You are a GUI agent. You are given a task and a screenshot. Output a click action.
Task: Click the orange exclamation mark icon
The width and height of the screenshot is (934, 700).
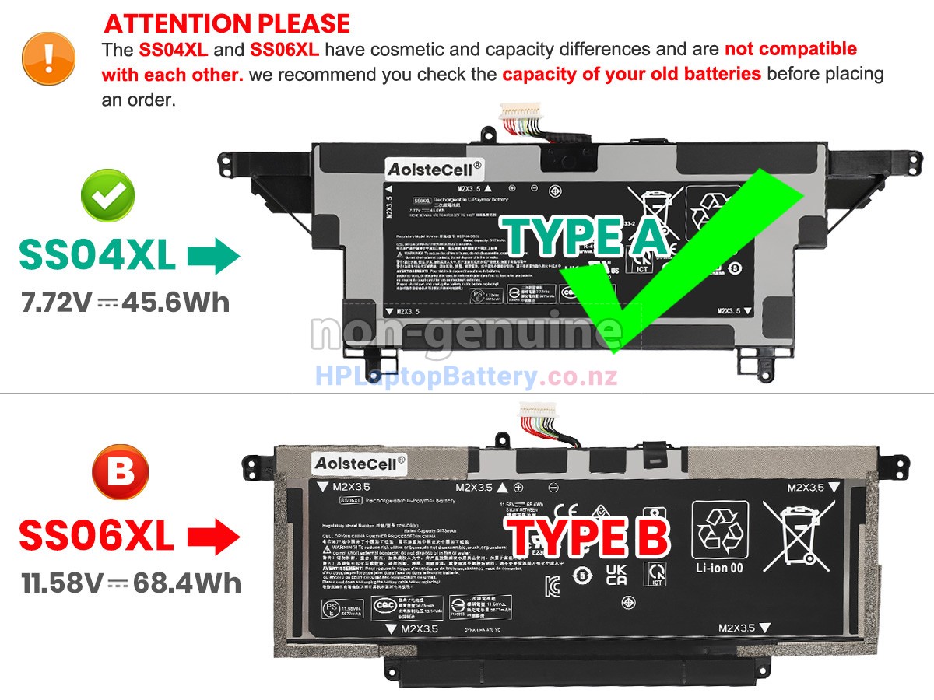tap(49, 58)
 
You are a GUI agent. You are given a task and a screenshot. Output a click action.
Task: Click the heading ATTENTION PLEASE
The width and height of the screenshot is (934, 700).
tap(227, 23)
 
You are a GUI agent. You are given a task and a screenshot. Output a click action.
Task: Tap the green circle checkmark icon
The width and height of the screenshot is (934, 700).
tap(108, 198)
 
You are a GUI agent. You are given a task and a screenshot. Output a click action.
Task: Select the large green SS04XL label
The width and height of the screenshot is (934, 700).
tap(97, 256)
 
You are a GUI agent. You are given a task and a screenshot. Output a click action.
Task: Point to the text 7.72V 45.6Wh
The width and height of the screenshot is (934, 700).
tap(125, 301)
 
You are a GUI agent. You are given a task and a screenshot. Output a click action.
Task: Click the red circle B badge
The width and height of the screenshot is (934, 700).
tap(120, 471)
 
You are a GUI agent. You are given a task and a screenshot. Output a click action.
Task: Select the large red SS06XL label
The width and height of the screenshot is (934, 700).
tap(97, 536)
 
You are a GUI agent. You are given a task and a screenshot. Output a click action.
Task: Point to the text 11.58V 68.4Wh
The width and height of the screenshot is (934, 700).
tap(131, 582)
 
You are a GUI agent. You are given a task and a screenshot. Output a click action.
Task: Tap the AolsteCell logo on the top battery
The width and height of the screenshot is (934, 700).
tap(434, 167)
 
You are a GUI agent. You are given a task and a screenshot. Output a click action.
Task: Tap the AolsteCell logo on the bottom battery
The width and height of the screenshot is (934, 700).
tap(360, 462)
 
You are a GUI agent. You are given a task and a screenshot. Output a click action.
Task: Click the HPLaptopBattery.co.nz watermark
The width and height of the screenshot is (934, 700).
tap(466, 377)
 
